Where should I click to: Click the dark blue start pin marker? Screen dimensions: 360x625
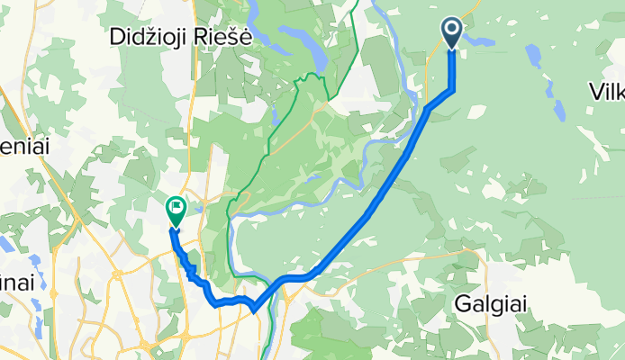pyautogui.click(x=452, y=34)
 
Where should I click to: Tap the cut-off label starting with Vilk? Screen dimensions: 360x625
pyautogui.click(x=607, y=92)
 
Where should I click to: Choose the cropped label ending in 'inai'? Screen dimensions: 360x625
pyautogui.click(x=16, y=282)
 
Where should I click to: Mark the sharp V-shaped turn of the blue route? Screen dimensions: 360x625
pyautogui.click(x=256, y=310)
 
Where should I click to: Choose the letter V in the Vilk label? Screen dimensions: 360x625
pyautogui.click(x=595, y=92)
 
